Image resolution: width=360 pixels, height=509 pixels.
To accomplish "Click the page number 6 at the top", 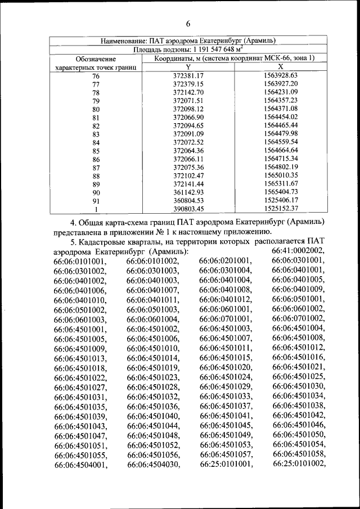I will pyautogui.click(x=188, y=23).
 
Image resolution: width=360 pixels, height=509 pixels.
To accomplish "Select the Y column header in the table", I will pyautogui.click(x=188, y=67).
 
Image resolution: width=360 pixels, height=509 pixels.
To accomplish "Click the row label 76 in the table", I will pyautogui.click(x=96, y=76).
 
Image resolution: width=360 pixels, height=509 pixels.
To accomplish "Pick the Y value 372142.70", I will pyautogui.click(x=188, y=92).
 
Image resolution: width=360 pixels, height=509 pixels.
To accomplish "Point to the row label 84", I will pyautogui.click(x=96, y=143).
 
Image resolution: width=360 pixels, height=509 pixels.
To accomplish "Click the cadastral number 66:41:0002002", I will pyautogui.click(x=298, y=251).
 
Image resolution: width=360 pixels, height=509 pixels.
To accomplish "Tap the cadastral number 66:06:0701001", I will pyautogui.click(x=225, y=319).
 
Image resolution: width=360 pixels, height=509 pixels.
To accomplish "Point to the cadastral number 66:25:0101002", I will pyautogui.click(x=298, y=464).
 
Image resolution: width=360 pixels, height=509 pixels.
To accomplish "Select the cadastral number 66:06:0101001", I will pyautogui.click(x=79, y=261).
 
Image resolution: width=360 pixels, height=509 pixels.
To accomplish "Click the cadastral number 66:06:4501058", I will pyautogui.click(x=298, y=454).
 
